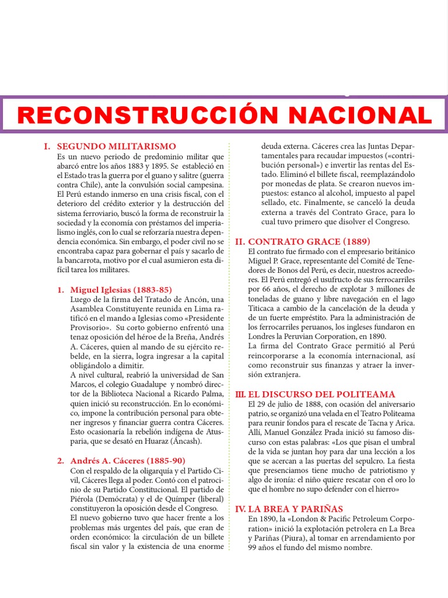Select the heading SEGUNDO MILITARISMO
121,146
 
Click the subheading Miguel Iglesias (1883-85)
121,289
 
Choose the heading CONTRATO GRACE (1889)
309,241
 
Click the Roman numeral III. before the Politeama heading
240,394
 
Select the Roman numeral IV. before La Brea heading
240,509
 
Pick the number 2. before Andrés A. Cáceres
61,461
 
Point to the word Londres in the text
262,336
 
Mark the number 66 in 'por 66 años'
267,289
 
